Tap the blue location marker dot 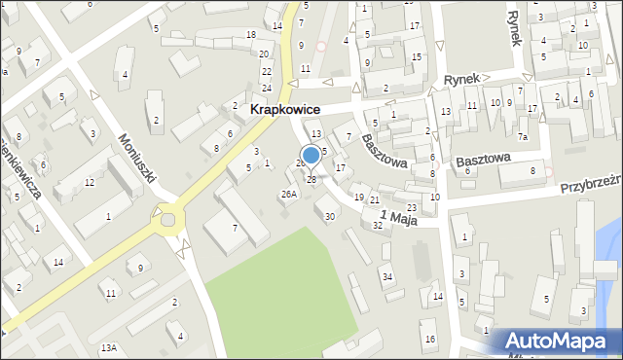coord(311,155)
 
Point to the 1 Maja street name coord(398,217)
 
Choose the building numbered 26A coord(288,194)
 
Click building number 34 coord(387,277)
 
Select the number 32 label coord(378,225)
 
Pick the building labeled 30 coord(330,216)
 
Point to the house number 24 coord(266,89)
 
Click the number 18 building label coord(251,35)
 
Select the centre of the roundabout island coord(168,219)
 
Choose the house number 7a coord(523,136)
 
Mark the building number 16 coord(429,339)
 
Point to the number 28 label coord(311,179)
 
